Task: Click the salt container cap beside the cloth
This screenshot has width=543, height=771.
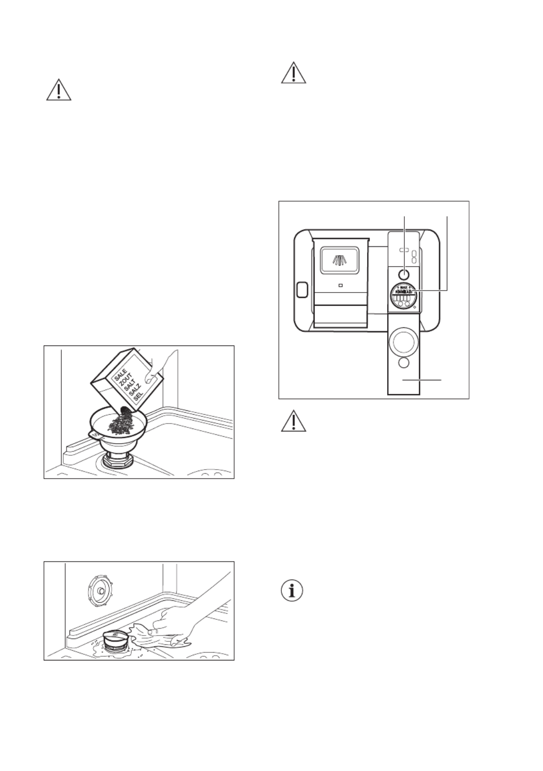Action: (x=116, y=639)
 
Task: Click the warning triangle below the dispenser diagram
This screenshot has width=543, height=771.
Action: (x=294, y=421)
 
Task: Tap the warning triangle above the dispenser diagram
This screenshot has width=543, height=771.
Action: (x=294, y=73)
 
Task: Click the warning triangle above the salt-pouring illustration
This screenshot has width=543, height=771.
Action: (x=58, y=90)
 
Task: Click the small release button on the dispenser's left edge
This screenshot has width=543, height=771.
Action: (x=301, y=290)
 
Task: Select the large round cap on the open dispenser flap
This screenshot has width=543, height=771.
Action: (x=403, y=342)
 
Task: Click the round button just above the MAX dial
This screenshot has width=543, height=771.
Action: (x=404, y=274)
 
